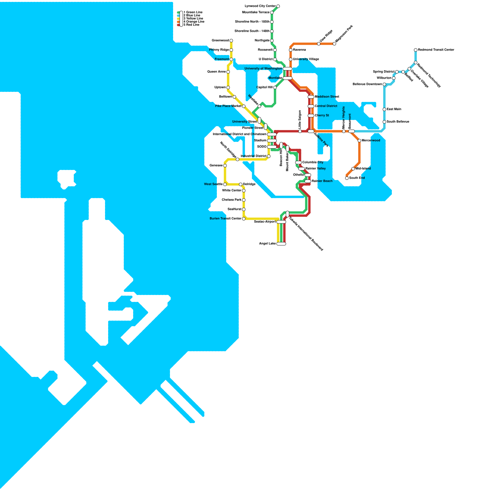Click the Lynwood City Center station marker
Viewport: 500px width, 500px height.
click(278, 6)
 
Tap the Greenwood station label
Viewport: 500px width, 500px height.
click(220, 41)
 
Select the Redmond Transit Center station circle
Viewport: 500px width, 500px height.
click(416, 50)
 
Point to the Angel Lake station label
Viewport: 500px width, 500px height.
click(267, 244)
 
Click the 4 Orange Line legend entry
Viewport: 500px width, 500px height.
click(194, 22)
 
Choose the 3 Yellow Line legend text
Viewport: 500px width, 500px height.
click(193, 19)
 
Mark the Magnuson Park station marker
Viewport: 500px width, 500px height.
click(334, 44)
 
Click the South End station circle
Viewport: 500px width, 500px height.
click(347, 178)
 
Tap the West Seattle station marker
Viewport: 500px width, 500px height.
click(225, 184)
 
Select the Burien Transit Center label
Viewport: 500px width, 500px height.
click(226, 219)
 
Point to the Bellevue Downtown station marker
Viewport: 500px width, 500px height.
click(384, 84)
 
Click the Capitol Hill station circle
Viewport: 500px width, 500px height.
click(275, 87)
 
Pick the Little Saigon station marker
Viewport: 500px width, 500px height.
click(300, 131)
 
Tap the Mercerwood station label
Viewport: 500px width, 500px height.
click(371, 141)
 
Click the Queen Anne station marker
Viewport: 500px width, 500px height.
click(228, 72)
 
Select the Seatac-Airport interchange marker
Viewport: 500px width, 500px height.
click(281, 222)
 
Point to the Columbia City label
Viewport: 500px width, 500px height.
click(313, 162)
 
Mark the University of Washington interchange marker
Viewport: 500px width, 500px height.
click(287, 69)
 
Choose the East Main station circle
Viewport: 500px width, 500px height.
click(384, 109)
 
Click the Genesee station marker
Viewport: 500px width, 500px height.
click(225, 166)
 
